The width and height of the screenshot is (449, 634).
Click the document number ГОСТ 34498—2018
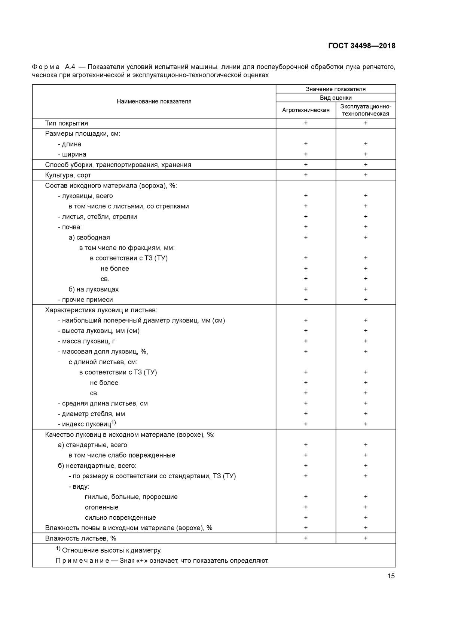pos(361,46)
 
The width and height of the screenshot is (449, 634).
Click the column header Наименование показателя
pos(154,101)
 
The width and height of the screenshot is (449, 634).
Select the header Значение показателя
pos(336,89)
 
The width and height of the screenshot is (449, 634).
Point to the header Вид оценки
pos(336,98)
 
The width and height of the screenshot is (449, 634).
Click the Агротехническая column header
pos(306,110)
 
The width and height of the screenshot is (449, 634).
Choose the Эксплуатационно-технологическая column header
pos(366,110)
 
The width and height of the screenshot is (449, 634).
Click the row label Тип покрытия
pos(67,123)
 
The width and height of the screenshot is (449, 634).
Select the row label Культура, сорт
pos(68,175)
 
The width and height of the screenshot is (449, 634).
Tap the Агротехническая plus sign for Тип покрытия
pos(306,123)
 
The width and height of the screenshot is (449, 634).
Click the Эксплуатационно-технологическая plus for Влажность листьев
pos(366,538)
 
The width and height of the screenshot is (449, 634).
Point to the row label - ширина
pos(72,154)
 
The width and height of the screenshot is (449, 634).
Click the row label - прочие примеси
pos(85,300)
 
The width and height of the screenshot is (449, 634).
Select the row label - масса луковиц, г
pos(86,341)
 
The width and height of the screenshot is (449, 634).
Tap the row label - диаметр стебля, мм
pos(91,414)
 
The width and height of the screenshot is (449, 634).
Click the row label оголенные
pos(101,507)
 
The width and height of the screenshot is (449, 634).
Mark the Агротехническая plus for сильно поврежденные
pos(306,517)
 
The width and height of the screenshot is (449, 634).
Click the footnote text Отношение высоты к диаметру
pos(112,550)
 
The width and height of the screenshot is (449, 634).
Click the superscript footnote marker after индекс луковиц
pos(114,422)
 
